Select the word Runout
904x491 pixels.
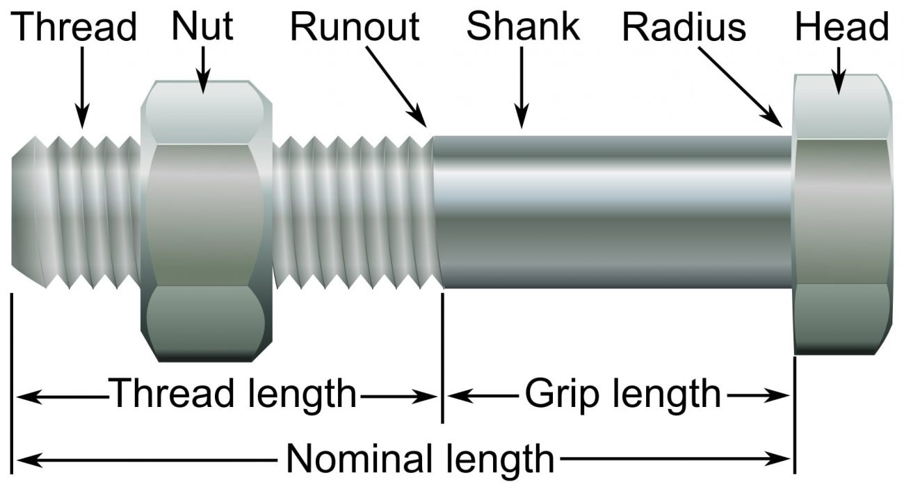pyautogui.click(x=355, y=27)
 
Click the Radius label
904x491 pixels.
pyautogui.click(x=684, y=27)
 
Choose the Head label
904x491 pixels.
pyautogui.click(x=842, y=27)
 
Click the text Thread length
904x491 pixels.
pyautogui.click(x=233, y=394)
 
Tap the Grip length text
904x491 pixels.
pyautogui.click(x=622, y=394)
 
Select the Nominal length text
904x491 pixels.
pyautogui.click(x=420, y=458)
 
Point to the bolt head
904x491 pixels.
pyautogui.click(x=842, y=215)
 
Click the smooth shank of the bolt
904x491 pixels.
pyautogui.click(x=612, y=212)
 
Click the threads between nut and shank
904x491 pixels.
pyautogui.click(x=355, y=212)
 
